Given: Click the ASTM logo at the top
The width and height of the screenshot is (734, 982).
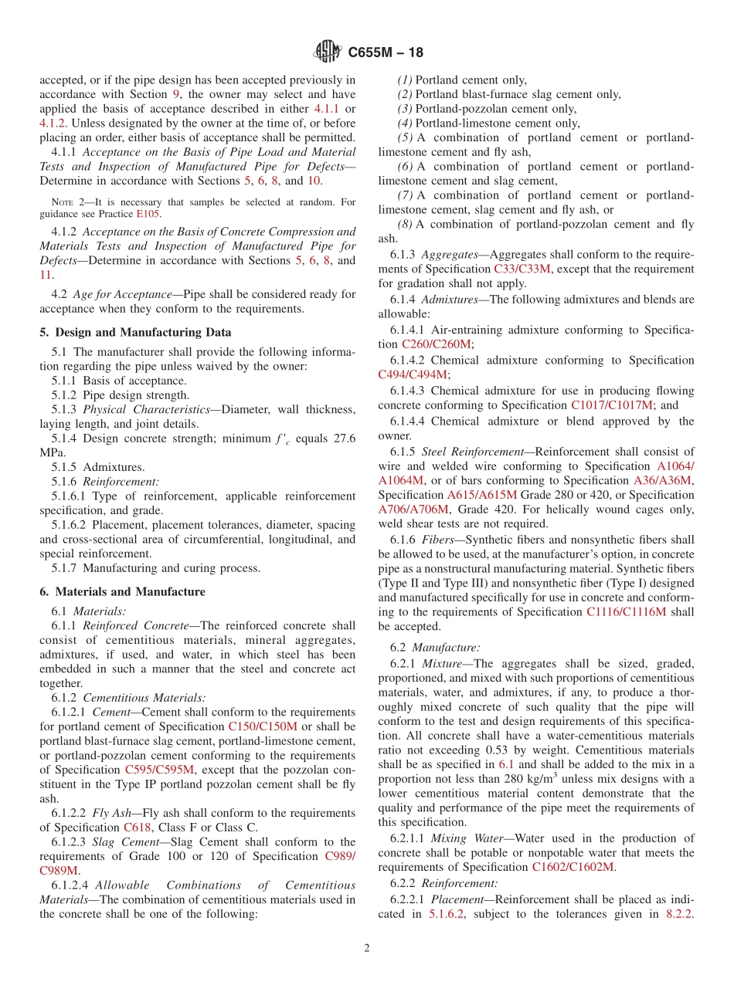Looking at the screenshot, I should coord(328,52).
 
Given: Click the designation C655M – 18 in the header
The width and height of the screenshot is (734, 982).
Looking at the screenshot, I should coord(386,53).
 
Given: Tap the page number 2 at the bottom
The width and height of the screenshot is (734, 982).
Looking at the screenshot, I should coord(367,948).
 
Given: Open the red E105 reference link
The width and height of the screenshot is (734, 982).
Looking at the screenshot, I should coord(149,214).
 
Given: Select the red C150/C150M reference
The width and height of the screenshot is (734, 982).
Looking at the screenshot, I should coord(263,726).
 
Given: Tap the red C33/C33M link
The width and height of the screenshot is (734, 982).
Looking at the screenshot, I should coord(522,269).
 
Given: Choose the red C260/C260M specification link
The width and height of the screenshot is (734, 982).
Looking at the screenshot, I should coord(437,344).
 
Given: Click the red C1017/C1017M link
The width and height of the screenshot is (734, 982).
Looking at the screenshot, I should coord(612,405).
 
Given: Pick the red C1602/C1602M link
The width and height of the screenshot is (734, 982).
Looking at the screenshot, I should coord(573,867).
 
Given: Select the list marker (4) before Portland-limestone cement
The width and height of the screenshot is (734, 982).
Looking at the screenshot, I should coord(406,124).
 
